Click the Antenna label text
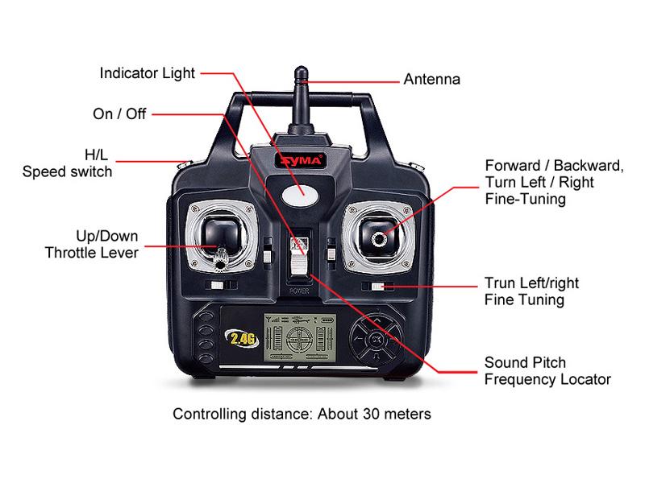[431, 79]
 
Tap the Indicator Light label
[147, 73]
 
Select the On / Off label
[119, 114]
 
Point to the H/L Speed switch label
[67, 163]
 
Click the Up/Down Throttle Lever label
[91, 244]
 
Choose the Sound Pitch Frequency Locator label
[547, 371]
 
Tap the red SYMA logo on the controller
[301, 160]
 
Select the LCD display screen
[300, 337]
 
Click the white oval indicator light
[300, 194]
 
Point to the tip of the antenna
[301, 68]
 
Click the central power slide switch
[299, 257]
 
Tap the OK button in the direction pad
[376, 340]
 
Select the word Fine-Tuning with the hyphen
[526, 199]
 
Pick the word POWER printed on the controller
[299, 291]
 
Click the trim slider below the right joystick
[377, 287]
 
